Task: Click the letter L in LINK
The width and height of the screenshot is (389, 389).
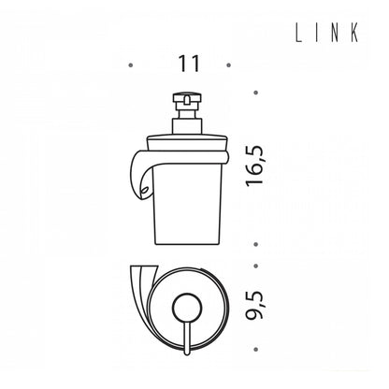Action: coord(298,34)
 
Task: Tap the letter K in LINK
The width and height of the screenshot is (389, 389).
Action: coord(354,34)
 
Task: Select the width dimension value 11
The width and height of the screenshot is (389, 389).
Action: coord(189,64)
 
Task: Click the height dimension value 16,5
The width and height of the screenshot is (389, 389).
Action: coord(254,166)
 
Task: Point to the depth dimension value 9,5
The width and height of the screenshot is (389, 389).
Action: coord(254,306)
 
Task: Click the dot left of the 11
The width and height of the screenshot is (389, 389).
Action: coord(131,65)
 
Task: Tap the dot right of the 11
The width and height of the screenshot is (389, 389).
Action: coord(228,65)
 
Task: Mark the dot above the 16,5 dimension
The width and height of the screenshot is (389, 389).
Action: coord(256,93)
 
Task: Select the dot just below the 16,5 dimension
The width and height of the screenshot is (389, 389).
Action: coord(256,244)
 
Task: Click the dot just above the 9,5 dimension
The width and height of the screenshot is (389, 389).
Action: coord(256,266)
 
